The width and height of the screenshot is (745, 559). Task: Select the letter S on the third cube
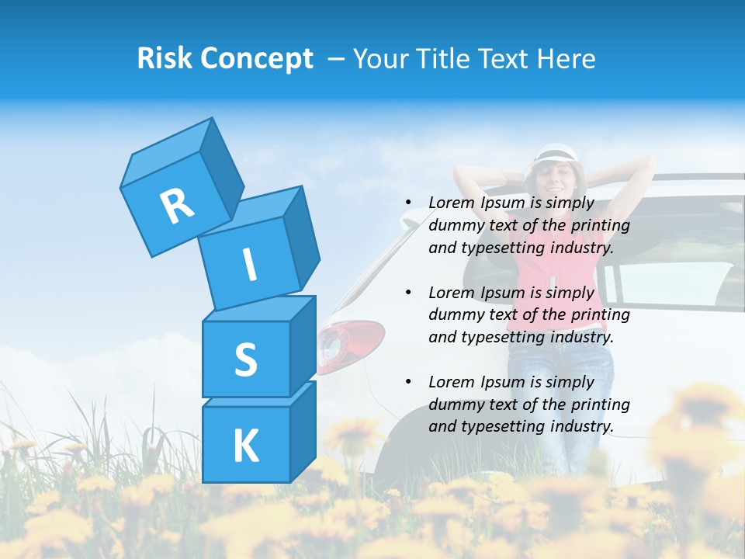pyautogui.click(x=245, y=360)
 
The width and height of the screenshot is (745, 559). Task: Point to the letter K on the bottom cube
pyautogui.click(x=245, y=446)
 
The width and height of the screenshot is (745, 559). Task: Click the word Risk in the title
pyautogui.click(x=165, y=58)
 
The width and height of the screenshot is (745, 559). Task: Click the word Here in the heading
pyautogui.click(x=565, y=59)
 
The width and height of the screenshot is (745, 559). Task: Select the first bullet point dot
pyautogui.click(x=408, y=203)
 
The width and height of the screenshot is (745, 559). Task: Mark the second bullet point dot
pyautogui.click(x=408, y=293)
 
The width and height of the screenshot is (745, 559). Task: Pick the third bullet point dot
pyautogui.click(x=408, y=382)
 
